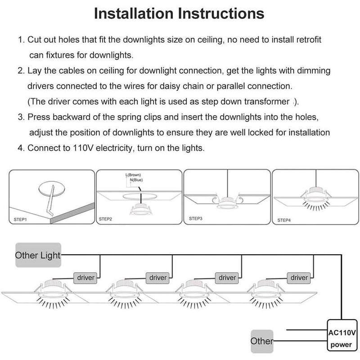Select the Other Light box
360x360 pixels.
38,255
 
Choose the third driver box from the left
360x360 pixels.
227,278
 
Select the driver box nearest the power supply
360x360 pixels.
299,278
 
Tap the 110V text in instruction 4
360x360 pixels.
82,148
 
